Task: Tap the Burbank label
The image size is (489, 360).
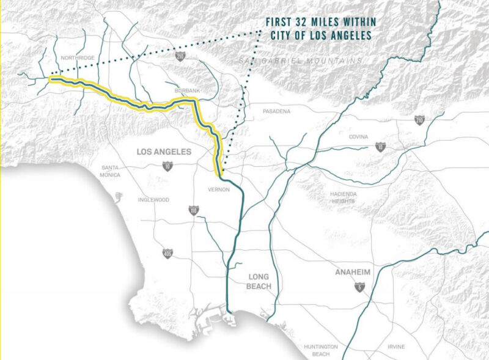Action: [186, 90]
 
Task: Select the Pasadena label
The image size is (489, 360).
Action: [277, 111]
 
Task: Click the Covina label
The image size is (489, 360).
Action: [358, 137]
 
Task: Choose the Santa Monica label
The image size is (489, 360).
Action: [111, 171]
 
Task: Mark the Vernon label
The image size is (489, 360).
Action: [218, 189]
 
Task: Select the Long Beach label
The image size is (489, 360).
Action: [258, 281]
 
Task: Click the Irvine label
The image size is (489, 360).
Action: [395, 347]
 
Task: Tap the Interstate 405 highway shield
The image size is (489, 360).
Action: [167, 252]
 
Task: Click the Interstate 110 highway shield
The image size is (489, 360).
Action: [193, 210]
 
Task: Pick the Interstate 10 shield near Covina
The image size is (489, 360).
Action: [380, 147]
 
